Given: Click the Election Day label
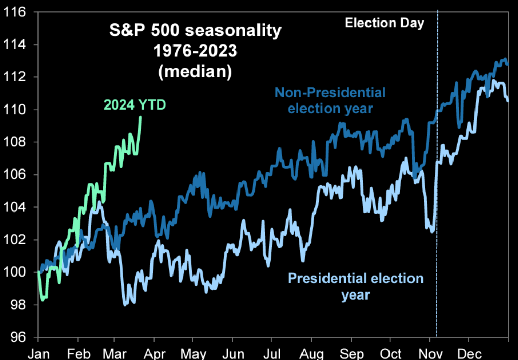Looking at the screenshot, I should click(x=384, y=23).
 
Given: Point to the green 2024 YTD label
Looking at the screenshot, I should click(x=135, y=105).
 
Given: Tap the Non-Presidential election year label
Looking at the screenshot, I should click(x=330, y=100).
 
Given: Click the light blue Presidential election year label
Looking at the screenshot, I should click(x=355, y=286).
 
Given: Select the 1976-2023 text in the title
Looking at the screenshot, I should click(x=196, y=51).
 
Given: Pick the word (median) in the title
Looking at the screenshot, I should click(x=196, y=71).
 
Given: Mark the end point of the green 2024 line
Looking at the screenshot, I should click(x=141, y=117).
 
